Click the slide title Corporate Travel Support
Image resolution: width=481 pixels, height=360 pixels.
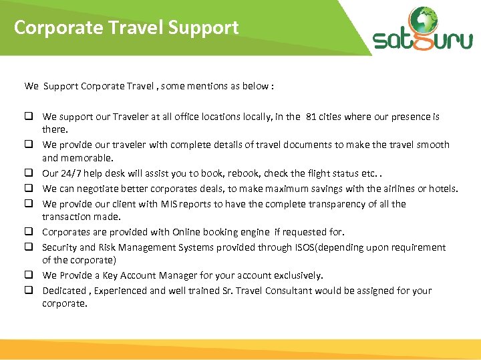pyautogui.click(x=126, y=28)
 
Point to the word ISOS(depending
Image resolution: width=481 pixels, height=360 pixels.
pyautogui.click(x=327, y=247)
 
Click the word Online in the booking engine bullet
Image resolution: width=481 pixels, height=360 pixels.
pyautogui.click(x=188, y=232)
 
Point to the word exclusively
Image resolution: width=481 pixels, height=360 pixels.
pyautogui.click(x=298, y=275)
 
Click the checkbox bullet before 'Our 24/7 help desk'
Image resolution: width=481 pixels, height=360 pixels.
pyautogui.click(x=30, y=173)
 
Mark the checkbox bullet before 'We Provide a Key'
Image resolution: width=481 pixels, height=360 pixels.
pyautogui.click(x=30, y=275)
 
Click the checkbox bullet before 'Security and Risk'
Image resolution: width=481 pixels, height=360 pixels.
pyautogui.click(x=30, y=247)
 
